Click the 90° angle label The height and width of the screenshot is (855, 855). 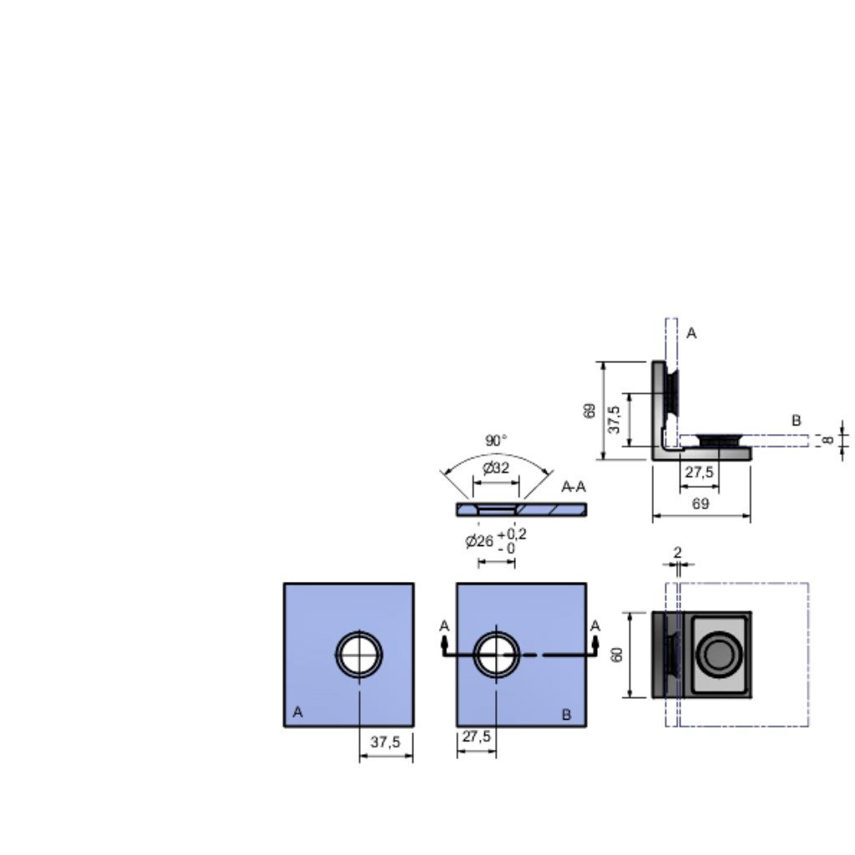(x=496, y=440)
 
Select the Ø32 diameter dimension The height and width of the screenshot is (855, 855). (x=496, y=468)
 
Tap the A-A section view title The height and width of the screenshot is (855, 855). (x=574, y=487)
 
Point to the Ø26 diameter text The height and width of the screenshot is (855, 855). (x=479, y=541)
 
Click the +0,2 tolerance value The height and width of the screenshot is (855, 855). (x=512, y=534)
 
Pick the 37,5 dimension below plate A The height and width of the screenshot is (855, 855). (x=386, y=741)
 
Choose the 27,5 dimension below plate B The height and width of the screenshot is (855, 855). (x=477, y=736)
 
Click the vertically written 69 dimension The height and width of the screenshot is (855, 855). (x=589, y=411)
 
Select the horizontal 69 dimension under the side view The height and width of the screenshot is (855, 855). (x=701, y=503)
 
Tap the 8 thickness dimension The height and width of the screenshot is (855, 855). (x=828, y=439)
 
